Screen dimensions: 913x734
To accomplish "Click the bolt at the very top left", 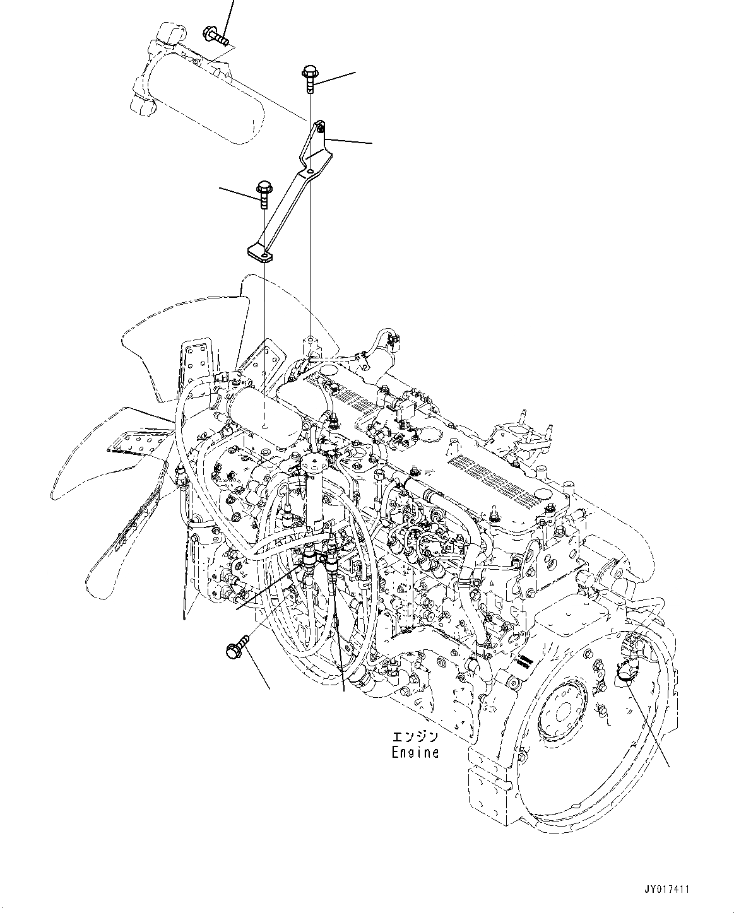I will click(x=215, y=35).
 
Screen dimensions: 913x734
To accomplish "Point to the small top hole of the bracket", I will click(x=321, y=129).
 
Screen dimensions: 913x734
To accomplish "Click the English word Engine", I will click(x=414, y=752).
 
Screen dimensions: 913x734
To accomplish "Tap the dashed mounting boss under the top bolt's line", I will click(x=310, y=346).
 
